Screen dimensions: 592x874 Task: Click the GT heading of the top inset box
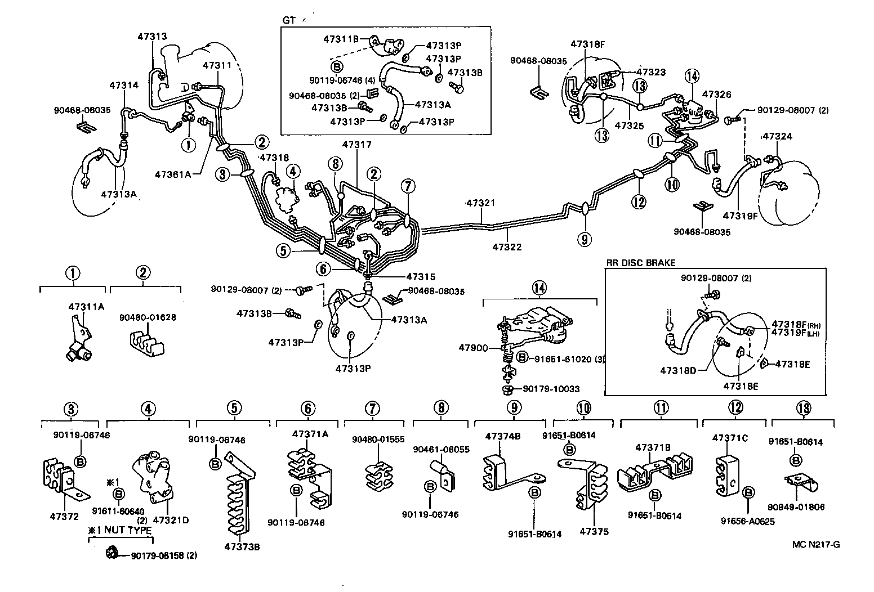click(x=288, y=20)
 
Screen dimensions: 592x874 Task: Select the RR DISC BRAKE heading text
click(x=640, y=263)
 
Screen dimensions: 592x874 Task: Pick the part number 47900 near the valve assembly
click(x=473, y=348)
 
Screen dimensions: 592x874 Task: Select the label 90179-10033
click(x=550, y=389)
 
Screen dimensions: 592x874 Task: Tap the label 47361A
click(x=173, y=174)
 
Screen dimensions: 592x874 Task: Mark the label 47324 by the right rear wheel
click(x=777, y=137)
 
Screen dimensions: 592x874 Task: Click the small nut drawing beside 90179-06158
click(x=112, y=555)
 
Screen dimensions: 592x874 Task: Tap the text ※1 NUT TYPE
click(x=119, y=530)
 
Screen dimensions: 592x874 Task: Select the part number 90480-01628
click(x=148, y=317)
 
